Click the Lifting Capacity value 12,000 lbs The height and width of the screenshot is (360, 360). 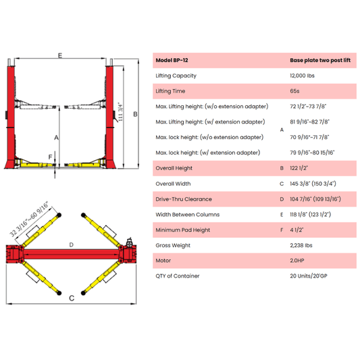coord(302,76)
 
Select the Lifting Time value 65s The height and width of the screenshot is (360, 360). coord(294,91)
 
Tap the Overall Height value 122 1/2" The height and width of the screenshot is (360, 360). coord(299,168)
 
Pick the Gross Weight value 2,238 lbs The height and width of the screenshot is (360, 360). coord(301,245)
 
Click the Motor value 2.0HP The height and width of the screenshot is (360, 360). coord(297,261)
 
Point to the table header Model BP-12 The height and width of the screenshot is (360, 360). coord(172,60)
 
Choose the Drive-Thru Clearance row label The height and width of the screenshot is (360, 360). coord(184,199)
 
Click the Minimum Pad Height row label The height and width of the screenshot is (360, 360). coord(183,230)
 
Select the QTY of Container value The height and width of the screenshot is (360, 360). coord(309,276)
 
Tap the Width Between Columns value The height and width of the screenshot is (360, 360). coord(310,215)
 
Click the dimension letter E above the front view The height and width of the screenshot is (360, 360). coord(60,55)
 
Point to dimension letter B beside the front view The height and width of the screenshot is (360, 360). coord(136,114)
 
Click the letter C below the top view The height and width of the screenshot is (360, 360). coord(72,298)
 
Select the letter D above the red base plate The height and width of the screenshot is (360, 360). coord(72,245)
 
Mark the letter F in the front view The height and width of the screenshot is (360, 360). coord(50,157)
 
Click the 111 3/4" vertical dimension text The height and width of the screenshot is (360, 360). coord(120,112)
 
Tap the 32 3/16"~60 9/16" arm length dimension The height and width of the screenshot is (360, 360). coord(29,219)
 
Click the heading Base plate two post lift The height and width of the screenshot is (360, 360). coord(320,60)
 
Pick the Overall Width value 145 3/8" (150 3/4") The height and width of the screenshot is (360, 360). coord(313,184)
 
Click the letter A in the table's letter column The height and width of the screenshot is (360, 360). coord(282,130)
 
